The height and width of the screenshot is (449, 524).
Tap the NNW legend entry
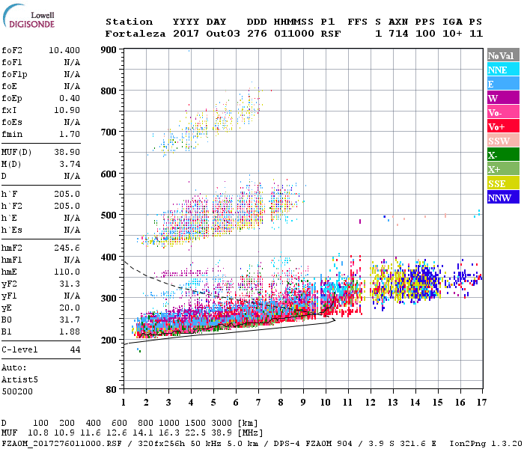[x=501, y=198]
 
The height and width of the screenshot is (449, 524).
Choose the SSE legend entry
[x=501, y=183]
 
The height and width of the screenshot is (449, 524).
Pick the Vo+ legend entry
[x=501, y=126]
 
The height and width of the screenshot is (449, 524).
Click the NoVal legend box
[x=501, y=55]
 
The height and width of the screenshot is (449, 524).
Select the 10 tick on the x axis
[x=325, y=402]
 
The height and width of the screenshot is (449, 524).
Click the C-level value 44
[x=75, y=349]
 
